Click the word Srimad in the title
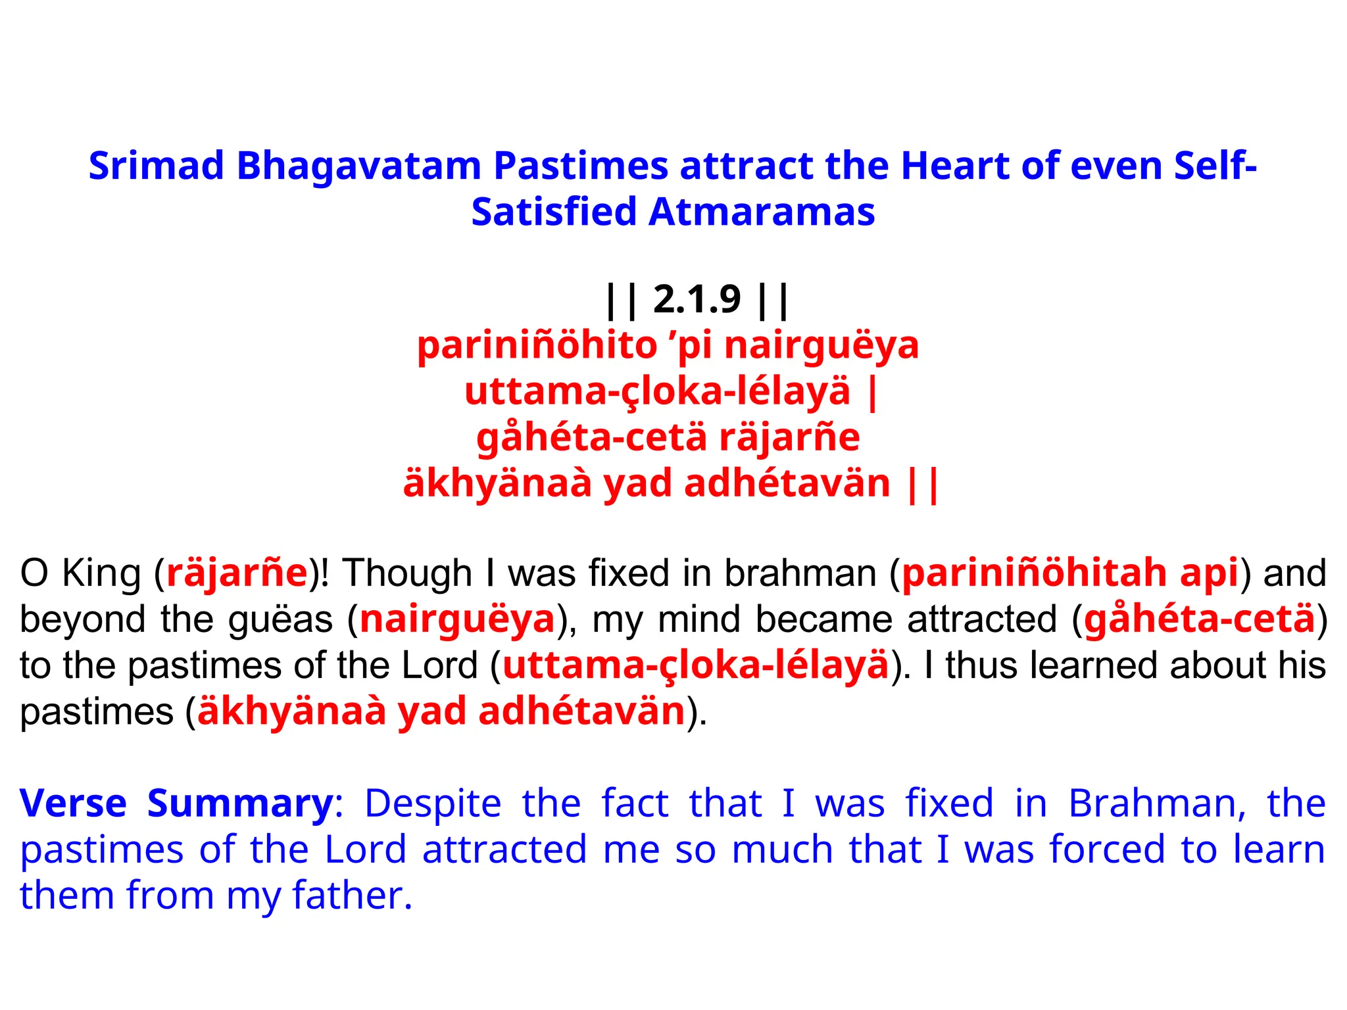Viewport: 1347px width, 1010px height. click(x=156, y=165)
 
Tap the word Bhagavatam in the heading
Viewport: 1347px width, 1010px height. click(x=358, y=165)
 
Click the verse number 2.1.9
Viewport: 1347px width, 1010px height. click(x=697, y=299)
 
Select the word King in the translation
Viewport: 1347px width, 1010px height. click(x=101, y=573)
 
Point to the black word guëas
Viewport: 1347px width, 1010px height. click(x=280, y=619)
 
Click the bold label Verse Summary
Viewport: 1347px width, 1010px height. click(x=176, y=804)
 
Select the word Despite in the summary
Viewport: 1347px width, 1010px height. click(x=433, y=804)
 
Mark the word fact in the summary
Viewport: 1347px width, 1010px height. click(x=635, y=804)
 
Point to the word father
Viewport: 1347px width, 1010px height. click(x=352, y=896)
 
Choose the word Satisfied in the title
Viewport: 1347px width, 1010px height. click(x=554, y=212)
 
